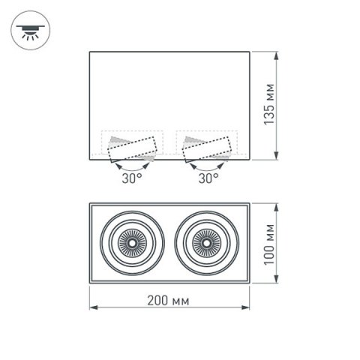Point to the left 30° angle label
tap(131, 178)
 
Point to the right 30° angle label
tap(208, 178)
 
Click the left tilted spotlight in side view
tap(131, 148)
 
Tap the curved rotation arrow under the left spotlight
tap(131, 167)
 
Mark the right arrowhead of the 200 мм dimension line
tap(249, 307)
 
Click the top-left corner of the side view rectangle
tap(90, 52)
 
